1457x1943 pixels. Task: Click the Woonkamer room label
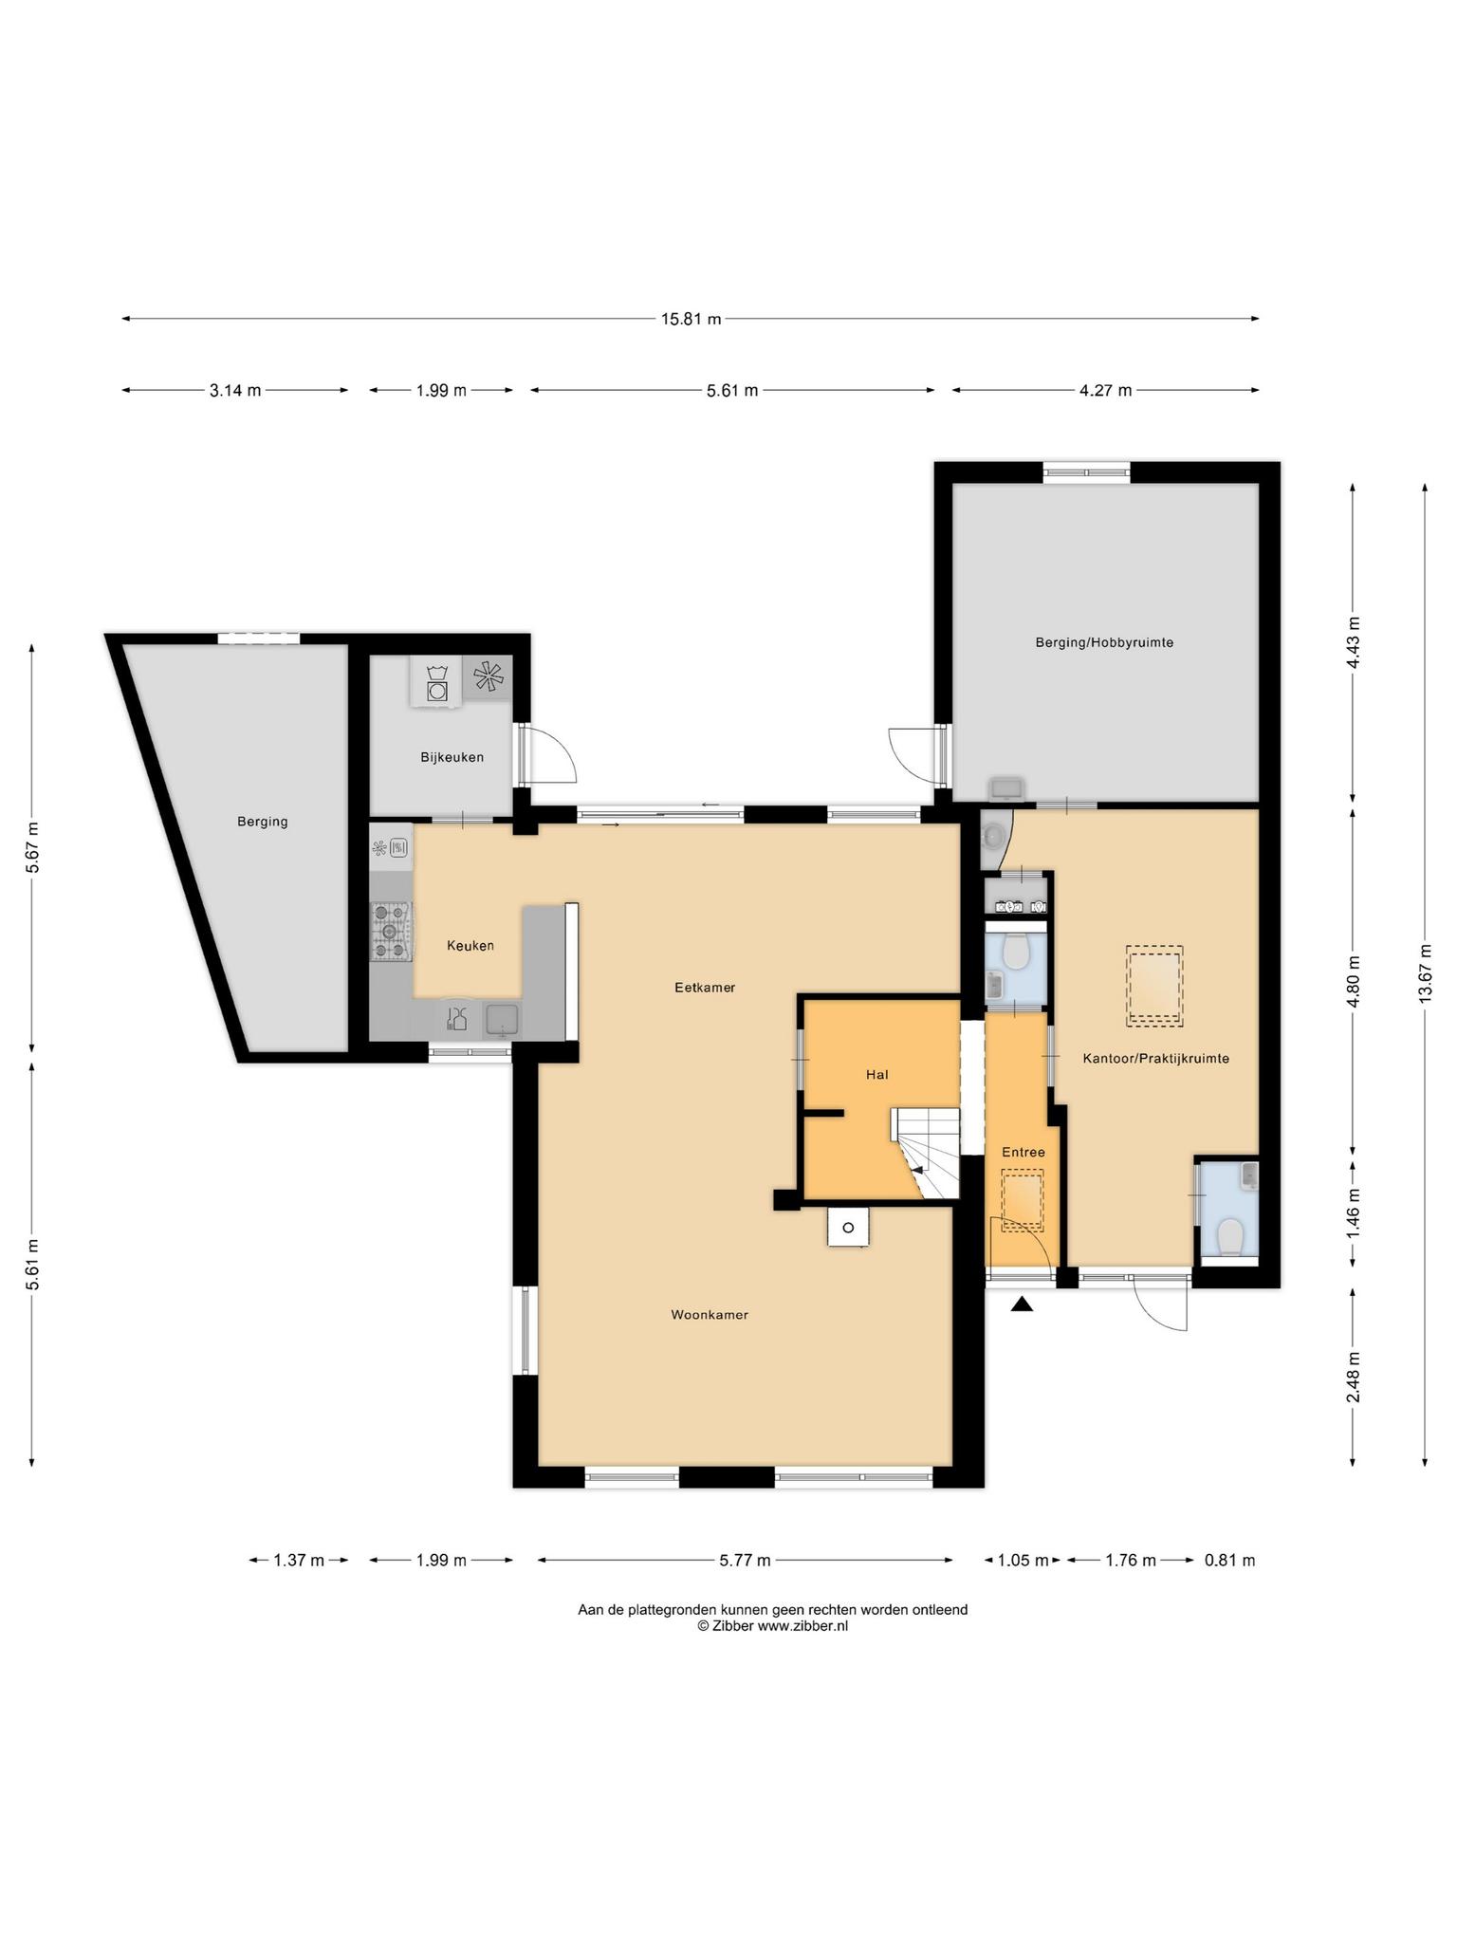[x=710, y=1315]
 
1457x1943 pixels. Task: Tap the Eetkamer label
[x=705, y=987]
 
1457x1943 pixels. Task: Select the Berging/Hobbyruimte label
[x=1104, y=642]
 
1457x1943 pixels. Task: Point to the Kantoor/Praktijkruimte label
[x=1155, y=1058]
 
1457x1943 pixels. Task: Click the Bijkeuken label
[x=452, y=757]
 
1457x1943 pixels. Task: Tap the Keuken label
[x=470, y=946]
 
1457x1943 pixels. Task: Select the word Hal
[x=876, y=1075]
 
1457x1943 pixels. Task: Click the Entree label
[x=1024, y=1152]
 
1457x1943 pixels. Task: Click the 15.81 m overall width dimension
[x=691, y=319]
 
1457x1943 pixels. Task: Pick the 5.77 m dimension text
[x=745, y=1560]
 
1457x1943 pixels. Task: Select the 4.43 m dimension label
[x=1353, y=642]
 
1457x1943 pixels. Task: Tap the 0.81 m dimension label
[x=1229, y=1560]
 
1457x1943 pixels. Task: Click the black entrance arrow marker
[x=1021, y=1305]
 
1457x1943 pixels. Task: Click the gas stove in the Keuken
[x=390, y=931]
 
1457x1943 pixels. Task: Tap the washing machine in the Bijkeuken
[x=436, y=683]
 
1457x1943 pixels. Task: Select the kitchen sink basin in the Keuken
[x=503, y=1020]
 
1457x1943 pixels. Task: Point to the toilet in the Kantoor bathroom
[x=1229, y=1236]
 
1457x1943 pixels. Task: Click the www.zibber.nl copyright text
[x=773, y=1625]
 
